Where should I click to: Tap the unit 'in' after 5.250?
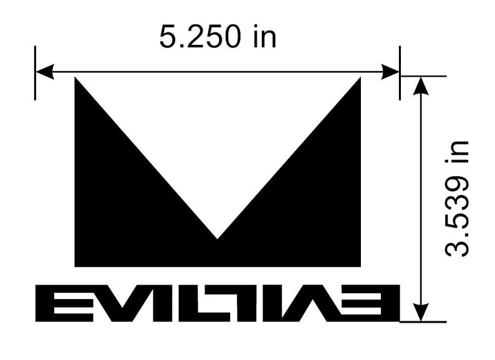pos(264,37)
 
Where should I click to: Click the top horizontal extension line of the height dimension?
pos(424,76)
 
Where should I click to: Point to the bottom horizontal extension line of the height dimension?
pos(424,322)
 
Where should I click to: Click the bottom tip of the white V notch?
pos(218,238)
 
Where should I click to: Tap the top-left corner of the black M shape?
pos(75,78)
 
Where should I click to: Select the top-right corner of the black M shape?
pos(360,78)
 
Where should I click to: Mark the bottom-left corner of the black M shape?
pos(75,266)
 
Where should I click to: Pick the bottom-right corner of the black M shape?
pos(360,266)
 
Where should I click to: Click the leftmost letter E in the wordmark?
pos(55,303)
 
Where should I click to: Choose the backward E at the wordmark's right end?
pos(379,303)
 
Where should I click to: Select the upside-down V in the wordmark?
pos(329,303)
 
